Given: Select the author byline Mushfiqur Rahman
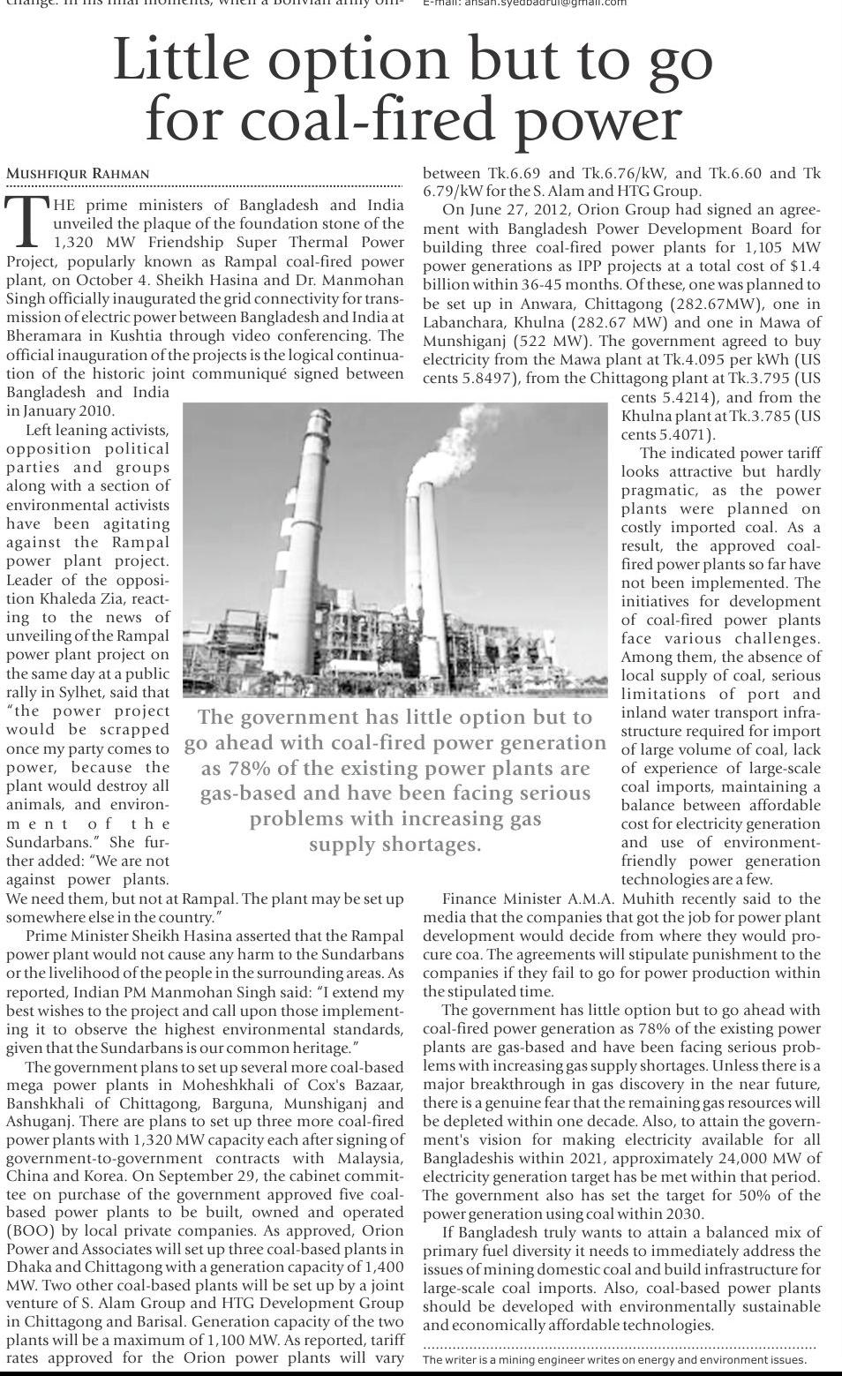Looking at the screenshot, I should point(78,174).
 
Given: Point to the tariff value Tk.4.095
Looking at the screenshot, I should point(682,359).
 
